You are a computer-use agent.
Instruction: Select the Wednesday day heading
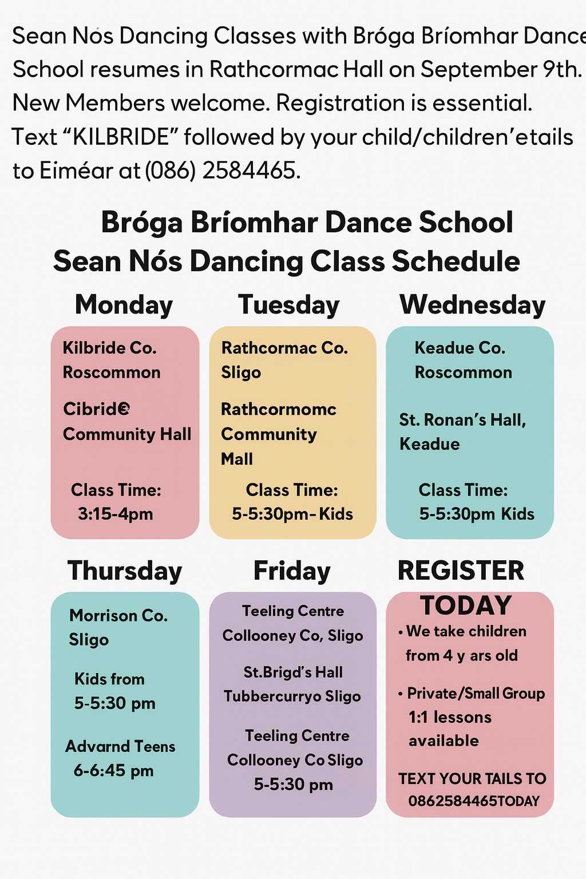pos(473,305)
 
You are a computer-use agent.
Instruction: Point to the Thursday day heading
pos(125,572)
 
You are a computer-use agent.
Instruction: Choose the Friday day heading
pos(292,572)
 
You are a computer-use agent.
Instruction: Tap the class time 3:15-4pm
pos(116,514)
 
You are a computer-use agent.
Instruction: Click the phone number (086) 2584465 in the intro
pos(223,171)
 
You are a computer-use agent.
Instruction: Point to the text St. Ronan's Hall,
pos(462,420)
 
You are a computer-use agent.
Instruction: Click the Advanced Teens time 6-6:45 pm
pos(113,770)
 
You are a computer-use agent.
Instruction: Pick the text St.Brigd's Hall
pos(293,672)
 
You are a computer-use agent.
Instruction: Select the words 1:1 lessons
pos(450,717)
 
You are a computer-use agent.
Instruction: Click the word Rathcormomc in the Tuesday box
pos(279,409)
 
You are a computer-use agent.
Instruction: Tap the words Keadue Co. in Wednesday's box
pos(460,348)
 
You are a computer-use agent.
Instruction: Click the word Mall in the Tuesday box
pos(237,459)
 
